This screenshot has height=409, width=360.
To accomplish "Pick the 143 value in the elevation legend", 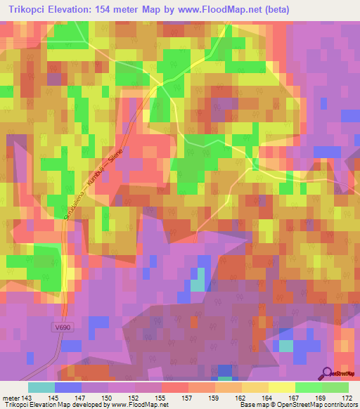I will [x=27, y=398].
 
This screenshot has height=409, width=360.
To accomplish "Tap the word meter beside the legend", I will [x=11, y=398].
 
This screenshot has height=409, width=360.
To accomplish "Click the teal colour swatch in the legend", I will [x=41, y=387].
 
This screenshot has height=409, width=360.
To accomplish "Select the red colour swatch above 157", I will [x=174, y=387].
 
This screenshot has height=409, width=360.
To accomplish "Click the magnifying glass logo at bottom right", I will [x=327, y=372].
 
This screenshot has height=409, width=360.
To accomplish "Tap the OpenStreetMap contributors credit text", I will [x=323, y=405].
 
